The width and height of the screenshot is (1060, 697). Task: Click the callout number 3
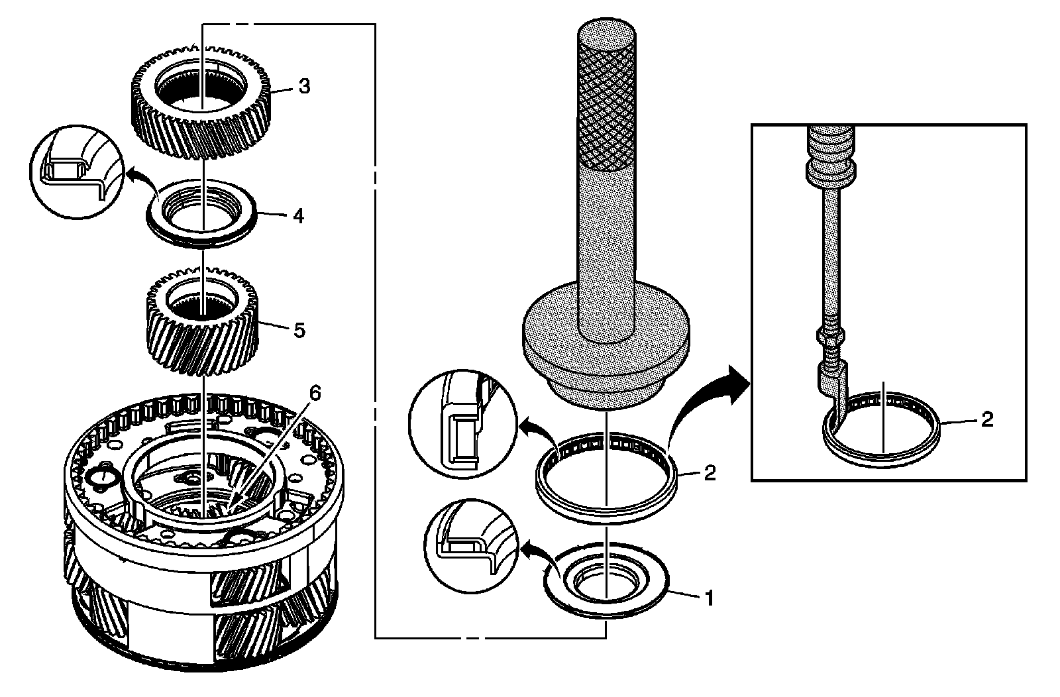[x=303, y=87]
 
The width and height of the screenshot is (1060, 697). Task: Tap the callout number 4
[x=298, y=216]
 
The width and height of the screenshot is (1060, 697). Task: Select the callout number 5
[x=299, y=329]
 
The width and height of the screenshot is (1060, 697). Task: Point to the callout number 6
[x=314, y=393]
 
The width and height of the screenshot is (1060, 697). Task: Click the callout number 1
[x=709, y=598]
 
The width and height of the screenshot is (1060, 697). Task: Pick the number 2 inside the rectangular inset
[x=987, y=419]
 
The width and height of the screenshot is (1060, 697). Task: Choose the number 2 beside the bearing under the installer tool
[x=709, y=474]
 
